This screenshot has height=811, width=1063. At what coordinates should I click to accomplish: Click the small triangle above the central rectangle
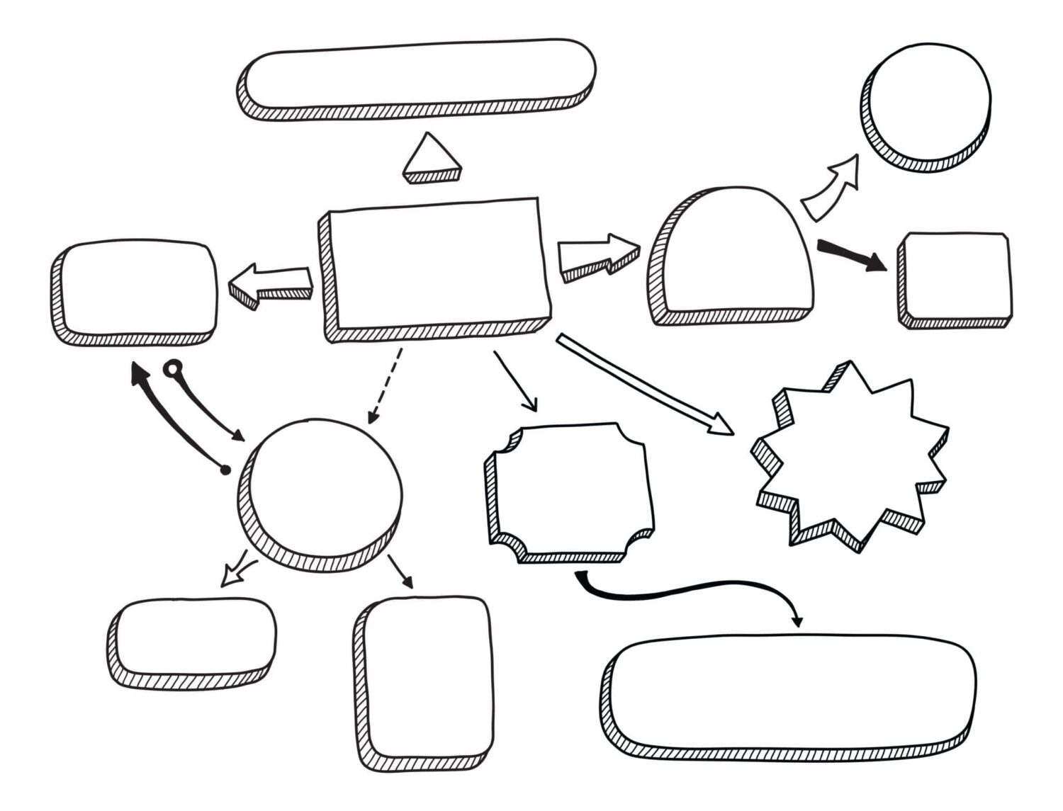coord(432,157)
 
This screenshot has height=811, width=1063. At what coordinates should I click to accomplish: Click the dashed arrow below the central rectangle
coord(385,386)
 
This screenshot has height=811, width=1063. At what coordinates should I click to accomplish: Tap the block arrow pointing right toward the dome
coord(597,256)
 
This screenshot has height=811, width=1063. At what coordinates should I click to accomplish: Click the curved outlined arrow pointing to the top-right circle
coord(831,188)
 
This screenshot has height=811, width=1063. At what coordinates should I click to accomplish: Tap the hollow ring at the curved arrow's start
coord(172,368)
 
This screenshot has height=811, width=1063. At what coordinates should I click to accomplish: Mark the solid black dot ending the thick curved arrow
coord(225,470)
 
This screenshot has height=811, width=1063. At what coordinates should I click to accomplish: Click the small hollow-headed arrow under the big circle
coord(237,571)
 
